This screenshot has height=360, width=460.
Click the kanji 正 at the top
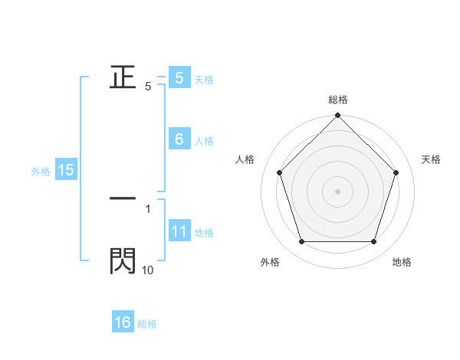(123, 77)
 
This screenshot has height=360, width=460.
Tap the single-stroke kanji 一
(123, 198)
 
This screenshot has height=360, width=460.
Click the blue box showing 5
(179, 77)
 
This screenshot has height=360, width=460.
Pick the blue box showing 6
(179, 139)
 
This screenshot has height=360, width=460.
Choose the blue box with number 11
(179, 232)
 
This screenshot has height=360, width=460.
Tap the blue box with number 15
(66, 170)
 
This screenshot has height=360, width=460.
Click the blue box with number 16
(123, 322)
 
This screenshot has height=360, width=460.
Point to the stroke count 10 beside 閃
(147, 270)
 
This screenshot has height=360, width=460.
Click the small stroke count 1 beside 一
(148, 208)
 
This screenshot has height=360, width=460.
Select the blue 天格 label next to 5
(204, 79)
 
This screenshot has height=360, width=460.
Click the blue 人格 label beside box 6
(204, 141)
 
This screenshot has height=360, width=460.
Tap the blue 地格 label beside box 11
(204, 233)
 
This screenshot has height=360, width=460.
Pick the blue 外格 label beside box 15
(41, 172)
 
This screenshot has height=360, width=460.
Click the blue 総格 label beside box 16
(147, 324)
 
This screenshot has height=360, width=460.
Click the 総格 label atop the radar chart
(338, 100)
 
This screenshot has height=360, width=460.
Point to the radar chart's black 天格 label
(432, 159)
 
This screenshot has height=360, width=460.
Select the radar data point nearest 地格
(373, 241)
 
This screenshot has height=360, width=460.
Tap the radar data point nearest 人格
(279, 172)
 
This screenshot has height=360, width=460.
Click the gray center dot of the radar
(337, 191)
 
